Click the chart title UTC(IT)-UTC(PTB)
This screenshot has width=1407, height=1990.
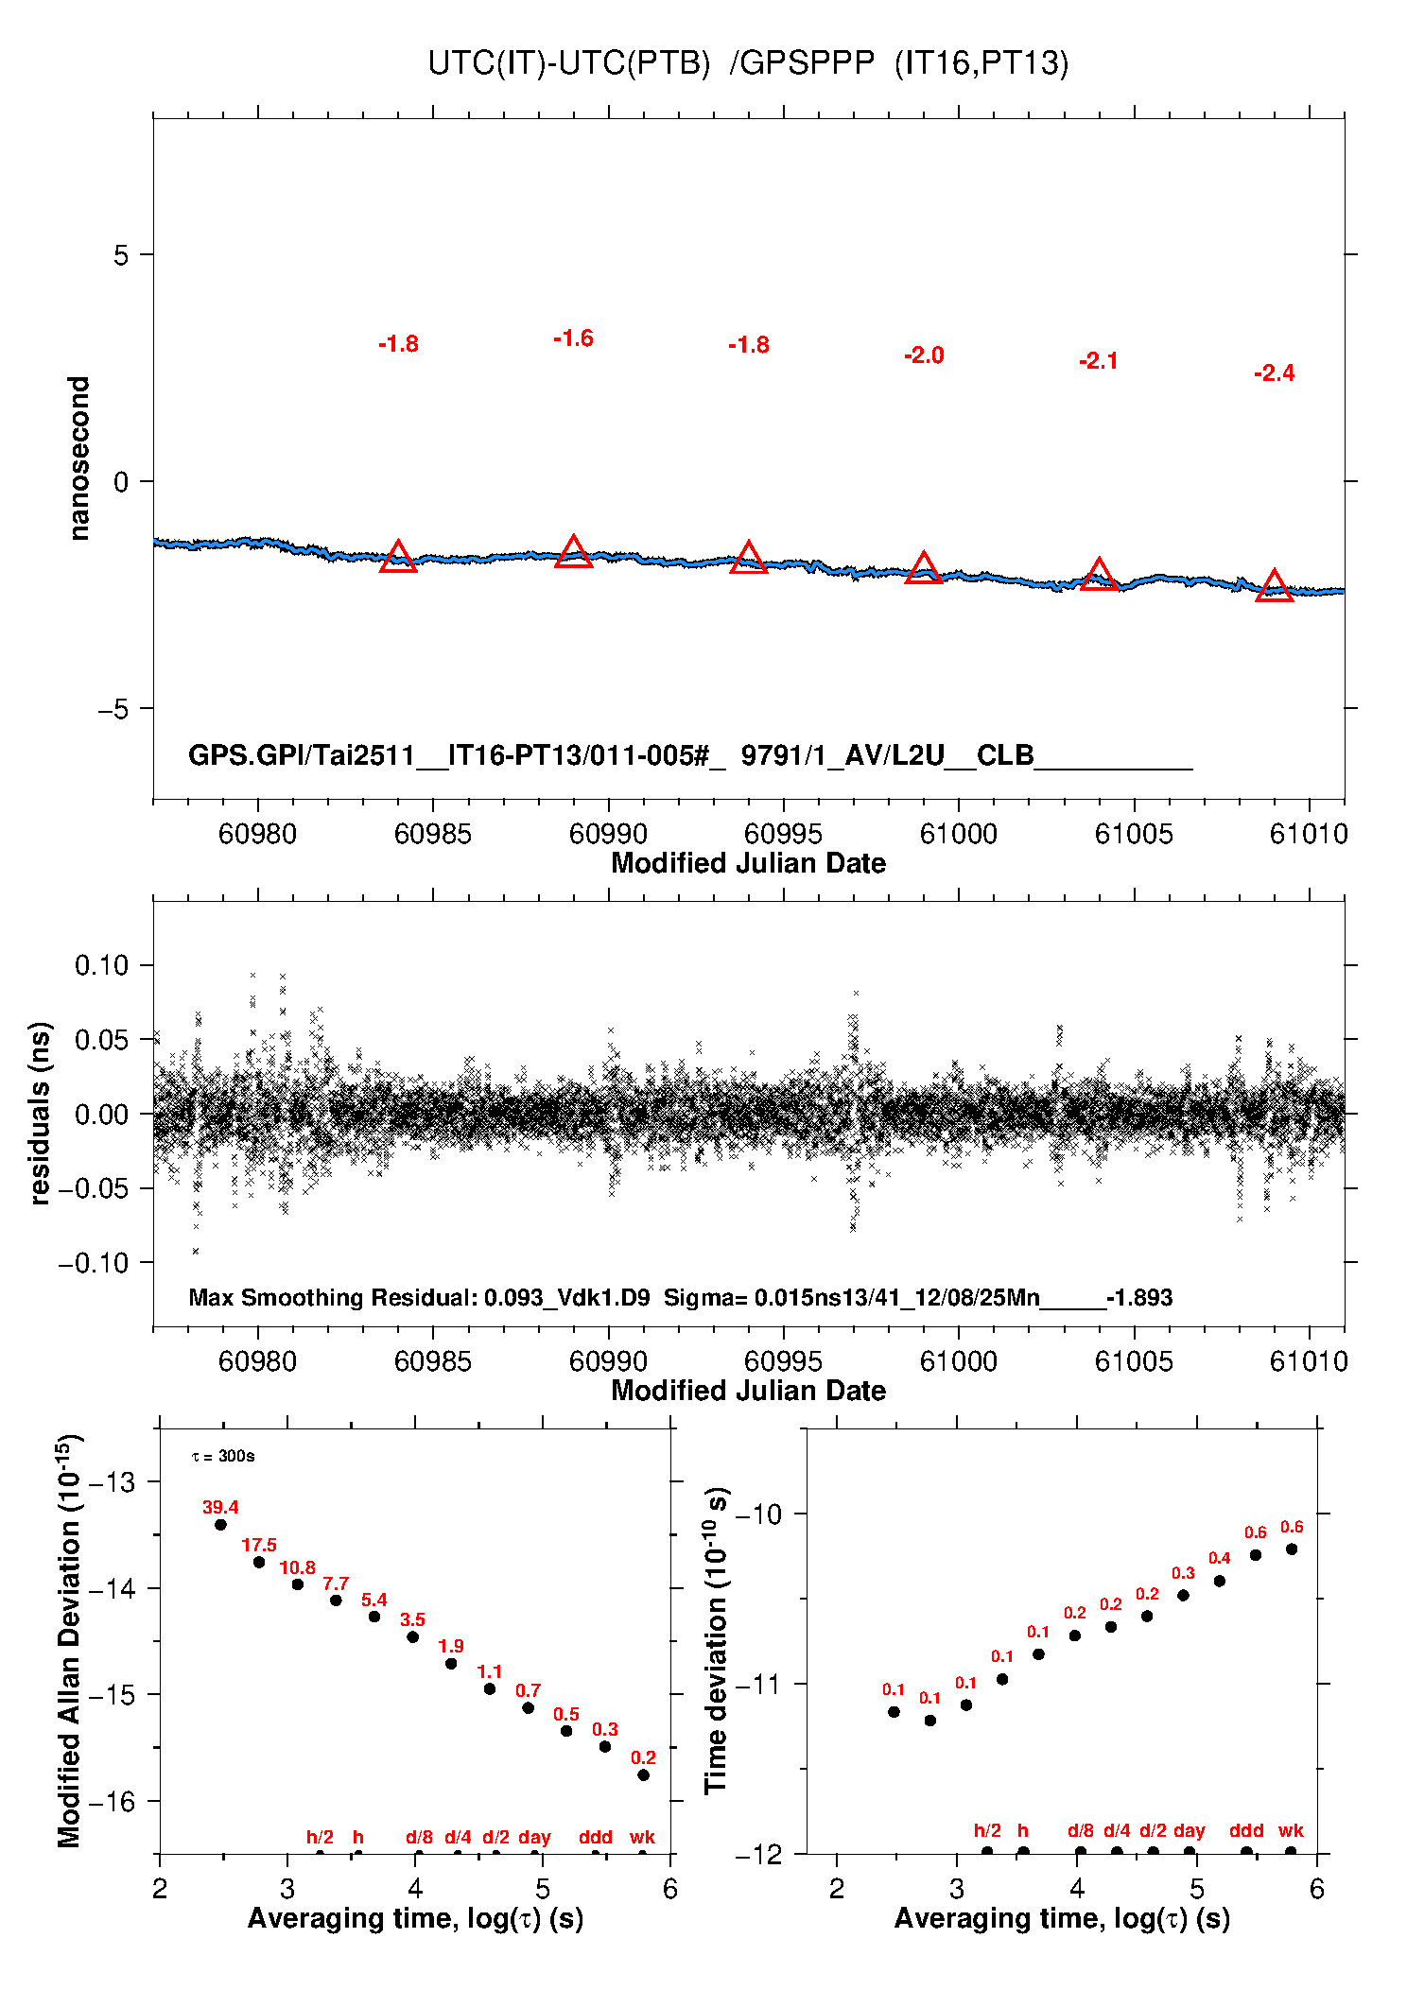(568, 63)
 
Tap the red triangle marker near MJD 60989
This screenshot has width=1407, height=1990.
(573, 552)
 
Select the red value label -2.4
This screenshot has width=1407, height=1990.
(1274, 373)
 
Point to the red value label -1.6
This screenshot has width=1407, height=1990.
(573, 338)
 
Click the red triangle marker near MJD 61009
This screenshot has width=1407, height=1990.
(1274, 586)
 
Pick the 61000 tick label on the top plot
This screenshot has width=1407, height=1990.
(958, 834)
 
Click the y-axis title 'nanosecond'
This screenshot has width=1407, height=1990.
(79, 458)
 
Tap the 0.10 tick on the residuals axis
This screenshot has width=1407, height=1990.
(101, 965)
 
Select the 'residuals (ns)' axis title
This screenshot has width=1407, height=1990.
(40, 1113)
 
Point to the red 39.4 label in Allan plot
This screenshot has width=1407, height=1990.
(220, 1508)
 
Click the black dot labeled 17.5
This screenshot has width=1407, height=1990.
(259, 1562)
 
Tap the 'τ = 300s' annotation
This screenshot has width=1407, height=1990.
(223, 1456)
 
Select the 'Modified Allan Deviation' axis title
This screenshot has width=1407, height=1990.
(69, 1640)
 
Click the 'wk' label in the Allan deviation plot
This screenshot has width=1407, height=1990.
(642, 1837)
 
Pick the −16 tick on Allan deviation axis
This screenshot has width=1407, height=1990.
(111, 1802)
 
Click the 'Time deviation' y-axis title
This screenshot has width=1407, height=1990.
(716, 1641)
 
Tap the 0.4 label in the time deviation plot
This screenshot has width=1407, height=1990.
(1219, 1558)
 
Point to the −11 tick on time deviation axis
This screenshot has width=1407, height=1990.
(758, 1684)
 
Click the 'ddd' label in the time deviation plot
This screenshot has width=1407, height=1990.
(1246, 1830)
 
